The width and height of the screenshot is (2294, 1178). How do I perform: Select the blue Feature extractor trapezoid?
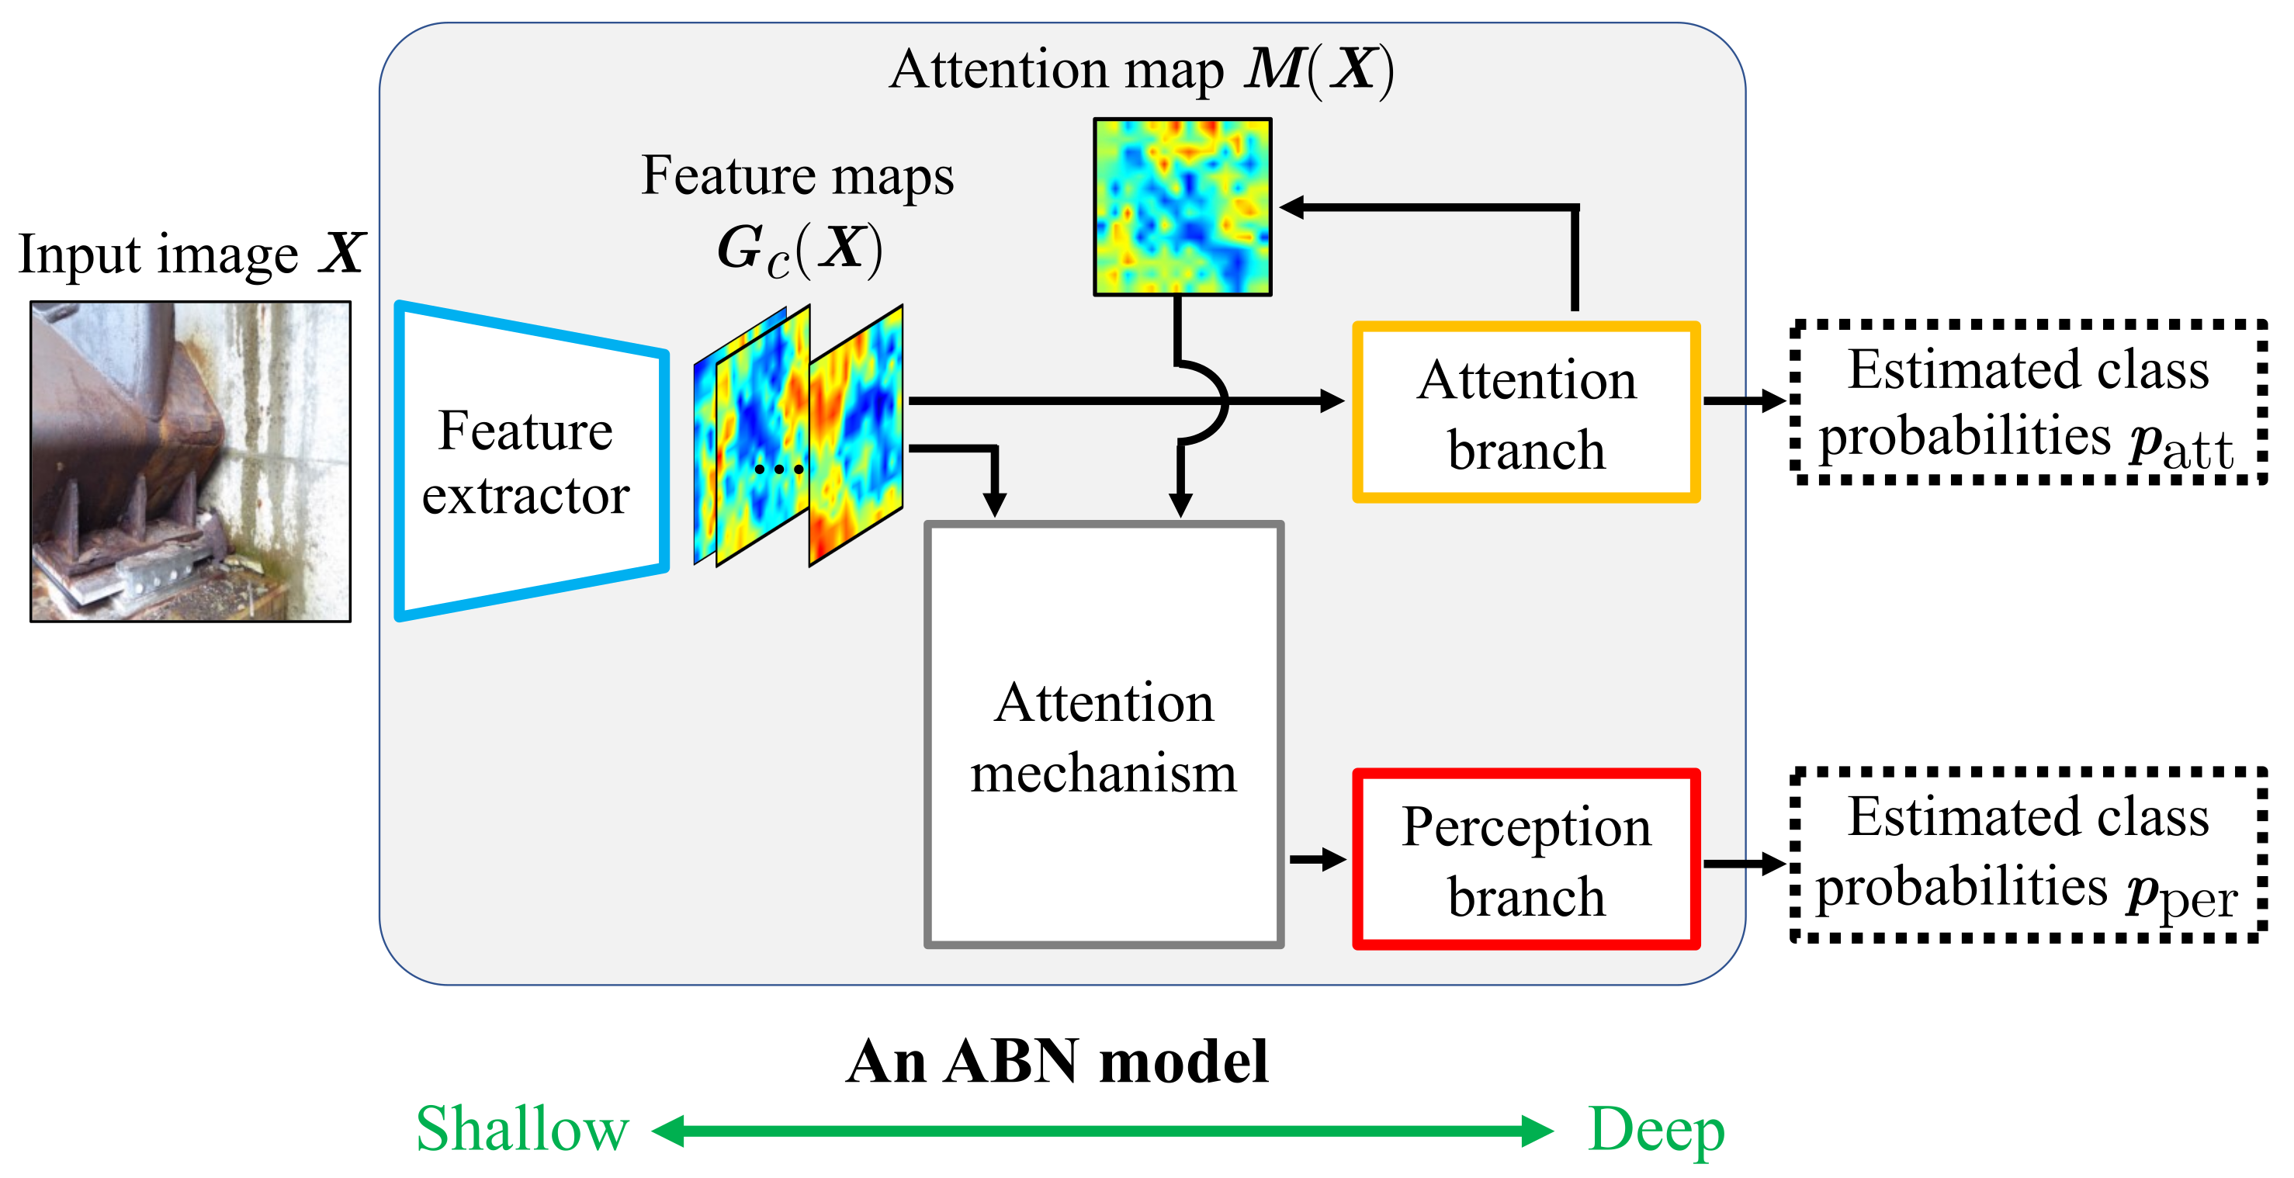pyautogui.click(x=531, y=461)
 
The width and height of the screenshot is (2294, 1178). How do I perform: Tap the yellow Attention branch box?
pyautogui.click(x=1526, y=412)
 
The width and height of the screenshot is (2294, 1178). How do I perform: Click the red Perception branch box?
pyautogui.click(x=1526, y=859)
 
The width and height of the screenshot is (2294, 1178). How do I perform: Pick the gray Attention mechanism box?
pyautogui.click(x=1104, y=735)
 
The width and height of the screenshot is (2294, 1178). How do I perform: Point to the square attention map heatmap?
pyautogui.click(x=1182, y=206)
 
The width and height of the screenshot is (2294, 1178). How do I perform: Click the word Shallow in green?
pyautogui.click(x=523, y=1129)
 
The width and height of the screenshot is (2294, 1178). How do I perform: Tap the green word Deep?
pyautogui.click(x=1655, y=1129)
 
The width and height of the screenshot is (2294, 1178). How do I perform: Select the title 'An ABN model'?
pyautogui.click(x=1057, y=1062)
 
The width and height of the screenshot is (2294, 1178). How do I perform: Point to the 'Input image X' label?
pyautogui.click(x=191, y=254)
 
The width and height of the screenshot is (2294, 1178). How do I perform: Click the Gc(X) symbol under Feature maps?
pyautogui.click(x=799, y=249)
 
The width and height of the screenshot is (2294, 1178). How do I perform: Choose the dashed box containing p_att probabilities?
pyautogui.click(x=2028, y=403)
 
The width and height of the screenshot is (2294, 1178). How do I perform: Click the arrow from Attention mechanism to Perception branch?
pyautogui.click(x=1317, y=859)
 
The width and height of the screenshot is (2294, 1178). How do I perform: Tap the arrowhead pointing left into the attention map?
pyautogui.click(x=1293, y=207)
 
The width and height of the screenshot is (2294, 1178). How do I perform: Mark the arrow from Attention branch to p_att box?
pyautogui.click(x=1745, y=400)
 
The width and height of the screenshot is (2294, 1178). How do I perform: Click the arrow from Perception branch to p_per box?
pyautogui.click(x=1745, y=863)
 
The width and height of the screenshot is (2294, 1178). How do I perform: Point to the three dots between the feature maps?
pyautogui.click(x=778, y=469)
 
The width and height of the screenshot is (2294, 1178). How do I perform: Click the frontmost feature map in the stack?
pyautogui.click(x=856, y=436)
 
